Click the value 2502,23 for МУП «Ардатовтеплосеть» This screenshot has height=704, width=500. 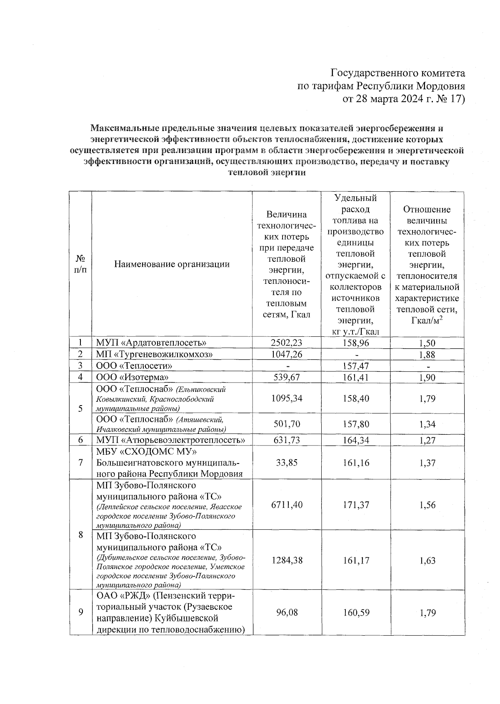(x=286, y=343)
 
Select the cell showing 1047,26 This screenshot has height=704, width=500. (x=286, y=354)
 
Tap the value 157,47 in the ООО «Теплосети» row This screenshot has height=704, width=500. (x=356, y=366)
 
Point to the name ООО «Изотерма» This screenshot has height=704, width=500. (x=129, y=377)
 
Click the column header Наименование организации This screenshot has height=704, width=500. (x=172, y=264)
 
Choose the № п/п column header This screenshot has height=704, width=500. (x=80, y=264)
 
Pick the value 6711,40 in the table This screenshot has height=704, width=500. (x=287, y=505)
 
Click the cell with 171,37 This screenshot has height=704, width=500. (x=356, y=505)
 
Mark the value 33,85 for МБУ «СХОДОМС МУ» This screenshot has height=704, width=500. (x=287, y=463)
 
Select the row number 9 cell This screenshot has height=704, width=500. (x=80, y=612)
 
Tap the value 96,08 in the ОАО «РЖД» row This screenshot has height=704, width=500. (x=287, y=613)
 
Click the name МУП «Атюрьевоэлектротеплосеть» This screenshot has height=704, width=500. (x=170, y=440)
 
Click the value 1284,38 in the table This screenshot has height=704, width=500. (x=287, y=561)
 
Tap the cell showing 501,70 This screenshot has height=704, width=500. (x=287, y=424)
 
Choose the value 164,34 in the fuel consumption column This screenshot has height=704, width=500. (x=356, y=440)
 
